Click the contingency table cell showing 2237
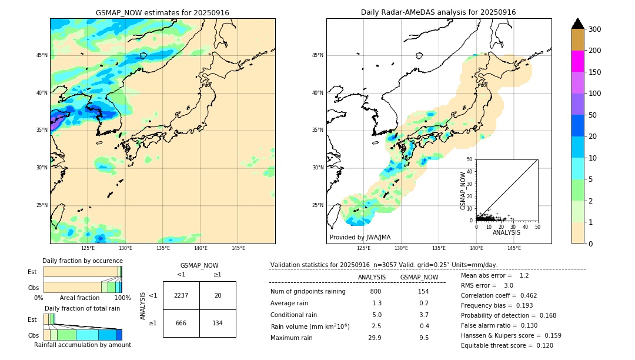coord(181,295)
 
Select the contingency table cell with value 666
coord(181,323)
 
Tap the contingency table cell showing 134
coord(218,323)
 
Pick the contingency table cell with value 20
coord(218,295)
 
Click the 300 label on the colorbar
coord(595,29)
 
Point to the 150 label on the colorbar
coord(595,72)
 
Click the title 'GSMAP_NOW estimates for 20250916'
coord(162,13)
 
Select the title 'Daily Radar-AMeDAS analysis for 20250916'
coord(438,12)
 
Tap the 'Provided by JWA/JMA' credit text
coord(360,237)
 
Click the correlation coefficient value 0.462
coord(525,295)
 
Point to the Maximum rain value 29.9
coord(375,338)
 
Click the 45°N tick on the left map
coord(42,55)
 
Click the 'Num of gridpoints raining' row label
coord(308,291)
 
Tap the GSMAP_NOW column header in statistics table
coord(419,277)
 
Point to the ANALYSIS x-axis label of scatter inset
coord(506,233)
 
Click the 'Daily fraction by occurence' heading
coord(82,261)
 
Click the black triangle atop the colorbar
coord(578,24)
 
